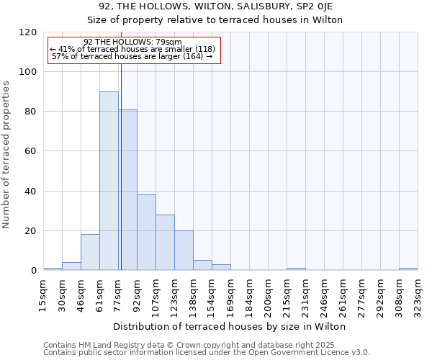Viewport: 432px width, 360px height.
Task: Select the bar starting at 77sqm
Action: (128, 190)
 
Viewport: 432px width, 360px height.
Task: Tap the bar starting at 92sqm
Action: (146, 233)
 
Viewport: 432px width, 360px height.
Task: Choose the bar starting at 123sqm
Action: (184, 251)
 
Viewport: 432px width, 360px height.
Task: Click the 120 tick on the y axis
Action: (28, 32)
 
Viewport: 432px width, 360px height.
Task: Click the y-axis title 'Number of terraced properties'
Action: (6, 155)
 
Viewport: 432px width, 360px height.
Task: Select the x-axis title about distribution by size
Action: (230, 326)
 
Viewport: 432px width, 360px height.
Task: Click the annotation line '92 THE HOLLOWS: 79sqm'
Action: (132, 42)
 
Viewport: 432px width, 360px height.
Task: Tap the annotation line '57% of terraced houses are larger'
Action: (132, 56)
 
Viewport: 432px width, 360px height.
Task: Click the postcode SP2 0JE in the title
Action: (316, 6)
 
